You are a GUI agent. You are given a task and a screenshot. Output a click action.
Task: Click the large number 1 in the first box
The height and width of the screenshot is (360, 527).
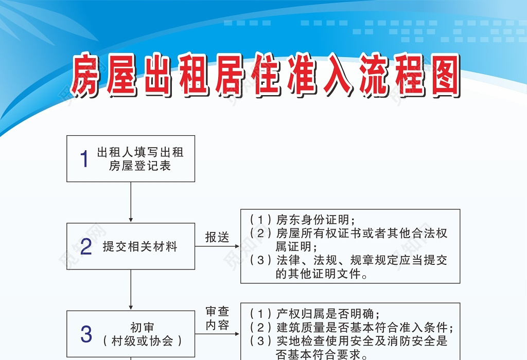(85, 159)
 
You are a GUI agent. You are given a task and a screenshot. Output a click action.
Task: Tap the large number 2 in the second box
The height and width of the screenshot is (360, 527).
(86, 247)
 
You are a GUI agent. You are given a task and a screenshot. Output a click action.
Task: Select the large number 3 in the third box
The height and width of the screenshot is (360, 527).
(86, 334)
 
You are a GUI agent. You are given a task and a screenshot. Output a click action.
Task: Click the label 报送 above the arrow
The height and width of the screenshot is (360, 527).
(217, 237)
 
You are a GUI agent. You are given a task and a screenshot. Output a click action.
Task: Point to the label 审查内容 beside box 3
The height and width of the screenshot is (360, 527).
(217, 318)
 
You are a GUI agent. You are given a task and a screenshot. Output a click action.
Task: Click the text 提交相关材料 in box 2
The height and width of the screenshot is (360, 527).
(140, 247)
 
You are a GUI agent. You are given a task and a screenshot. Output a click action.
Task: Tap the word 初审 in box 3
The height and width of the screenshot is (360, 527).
(142, 328)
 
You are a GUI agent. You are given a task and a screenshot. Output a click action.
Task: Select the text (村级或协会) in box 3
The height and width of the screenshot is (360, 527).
(142, 340)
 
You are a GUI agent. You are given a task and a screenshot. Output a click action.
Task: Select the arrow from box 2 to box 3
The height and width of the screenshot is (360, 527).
(131, 290)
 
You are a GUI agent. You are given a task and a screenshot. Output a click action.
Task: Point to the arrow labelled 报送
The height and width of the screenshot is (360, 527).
(217, 246)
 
